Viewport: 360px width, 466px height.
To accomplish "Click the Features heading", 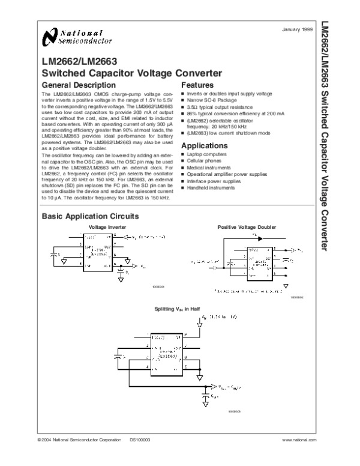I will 197,85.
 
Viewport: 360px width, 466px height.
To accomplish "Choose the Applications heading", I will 205,146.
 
